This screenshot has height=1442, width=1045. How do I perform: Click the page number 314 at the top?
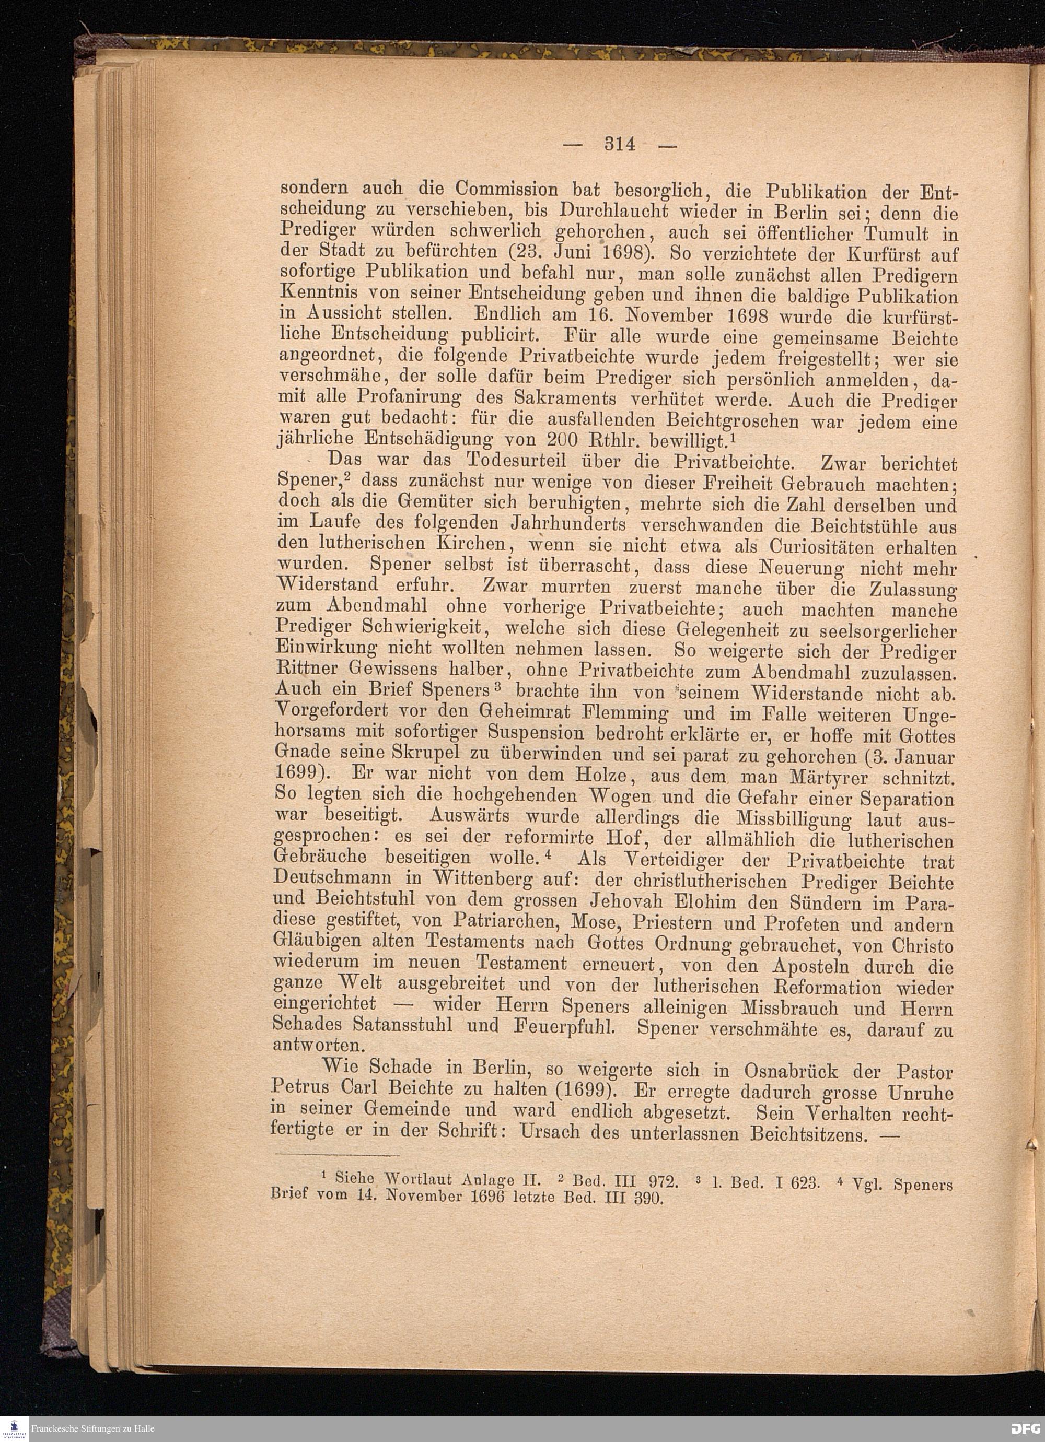tap(620, 144)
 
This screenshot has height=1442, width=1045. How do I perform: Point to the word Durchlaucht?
tap(611, 210)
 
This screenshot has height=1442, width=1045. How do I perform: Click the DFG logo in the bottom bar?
tap(1026, 1428)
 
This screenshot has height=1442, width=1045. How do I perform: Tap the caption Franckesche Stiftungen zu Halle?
tap(92, 1428)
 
